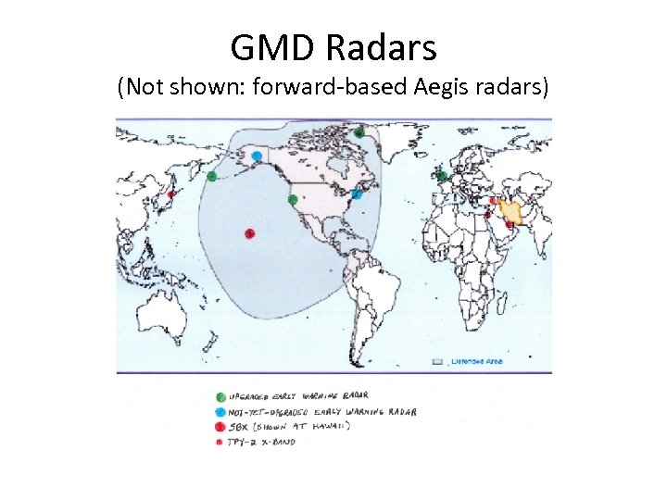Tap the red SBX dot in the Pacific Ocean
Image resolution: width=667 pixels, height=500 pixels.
pos(249,233)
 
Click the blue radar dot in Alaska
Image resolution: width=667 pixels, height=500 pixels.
pos(256,156)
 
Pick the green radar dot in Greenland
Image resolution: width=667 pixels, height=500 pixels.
pos(359,132)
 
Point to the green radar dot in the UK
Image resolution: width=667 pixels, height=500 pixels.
pos(443,176)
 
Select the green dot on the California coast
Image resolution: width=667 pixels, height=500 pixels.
pos(293,199)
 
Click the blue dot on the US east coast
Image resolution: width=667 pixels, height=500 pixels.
pos(357,194)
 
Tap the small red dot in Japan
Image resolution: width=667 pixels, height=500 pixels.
pos(170,195)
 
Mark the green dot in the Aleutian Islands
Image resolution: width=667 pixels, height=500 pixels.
pos(212,176)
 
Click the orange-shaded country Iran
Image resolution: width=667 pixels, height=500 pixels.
pos(511,211)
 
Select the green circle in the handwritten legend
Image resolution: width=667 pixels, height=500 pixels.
pos(220,395)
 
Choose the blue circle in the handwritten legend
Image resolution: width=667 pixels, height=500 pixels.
pos(220,411)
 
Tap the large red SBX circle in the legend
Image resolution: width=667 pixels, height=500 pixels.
pos(220,426)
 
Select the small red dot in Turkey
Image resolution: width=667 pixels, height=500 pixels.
pos(492,199)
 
